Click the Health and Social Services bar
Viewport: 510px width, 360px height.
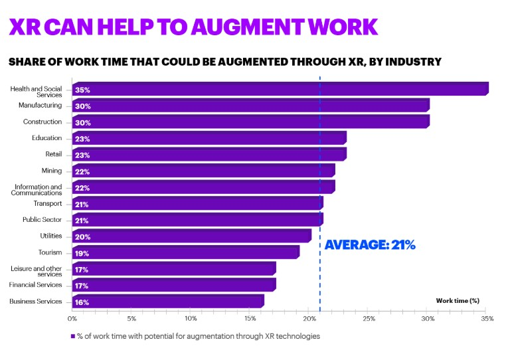279,89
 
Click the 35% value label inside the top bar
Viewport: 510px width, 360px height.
82,90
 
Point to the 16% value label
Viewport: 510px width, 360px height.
82,302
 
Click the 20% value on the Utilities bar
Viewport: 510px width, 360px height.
82,237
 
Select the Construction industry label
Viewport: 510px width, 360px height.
42,122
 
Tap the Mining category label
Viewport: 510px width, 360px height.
51,171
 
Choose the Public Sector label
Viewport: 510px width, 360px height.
42,219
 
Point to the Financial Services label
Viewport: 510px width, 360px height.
35,285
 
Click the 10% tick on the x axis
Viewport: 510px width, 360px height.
190,319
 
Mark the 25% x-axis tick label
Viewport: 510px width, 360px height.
369,319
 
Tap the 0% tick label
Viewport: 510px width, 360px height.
72,319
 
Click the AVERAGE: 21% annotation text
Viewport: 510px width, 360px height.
369,244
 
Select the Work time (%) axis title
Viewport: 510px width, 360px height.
458,301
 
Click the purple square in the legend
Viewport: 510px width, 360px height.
73,336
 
